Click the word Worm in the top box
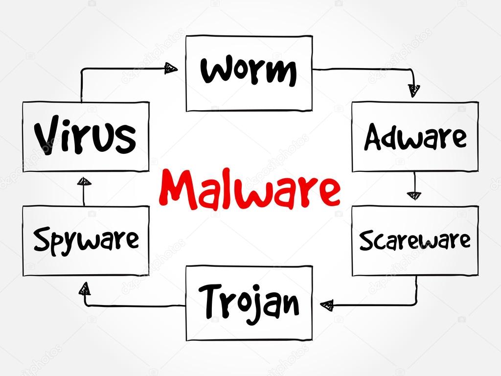[x=249, y=71]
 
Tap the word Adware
[x=415, y=137]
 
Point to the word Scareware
[x=415, y=240]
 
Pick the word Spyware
[x=86, y=240]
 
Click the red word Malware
[x=250, y=188]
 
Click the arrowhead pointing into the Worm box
[x=171, y=68]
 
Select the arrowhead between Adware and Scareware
[x=414, y=195]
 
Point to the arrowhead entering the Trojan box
[x=327, y=305]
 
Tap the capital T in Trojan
[x=208, y=300]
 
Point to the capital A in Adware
[x=374, y=137]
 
